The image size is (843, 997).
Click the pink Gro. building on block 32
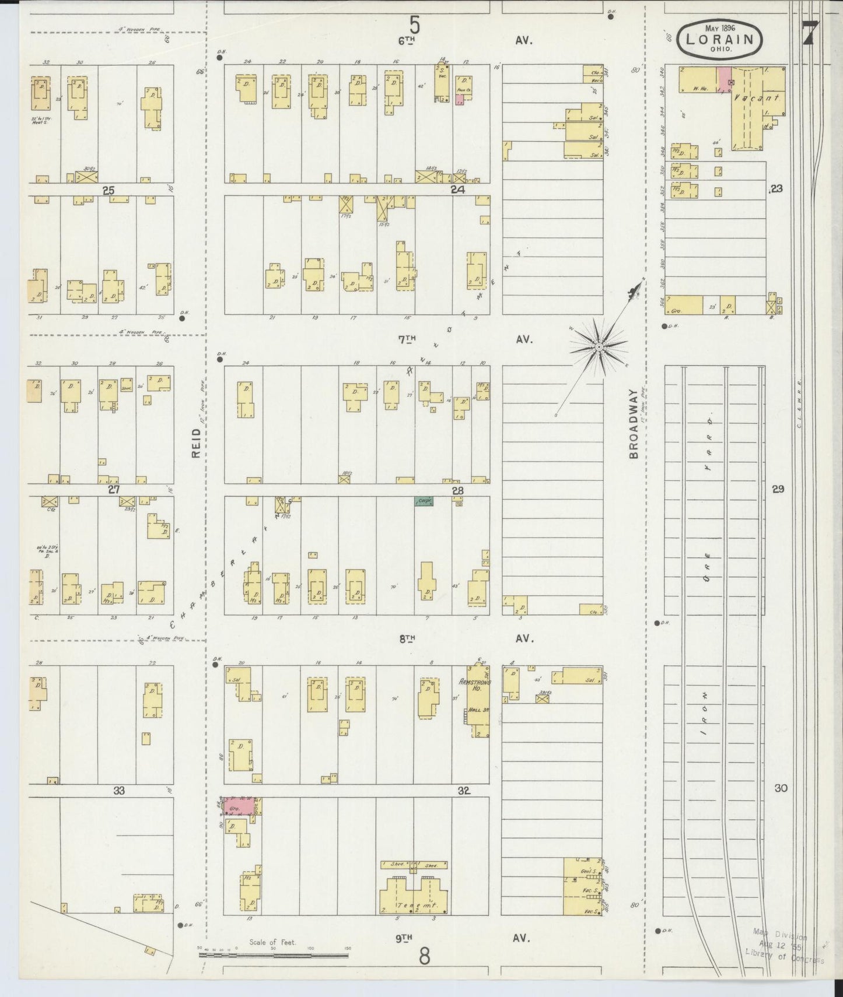click(239, 806)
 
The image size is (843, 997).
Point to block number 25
click(108, 190)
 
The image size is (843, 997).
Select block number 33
click(119, 791)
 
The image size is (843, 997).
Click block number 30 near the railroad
click(781, 788)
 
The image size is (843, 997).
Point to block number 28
click(457, 491)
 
